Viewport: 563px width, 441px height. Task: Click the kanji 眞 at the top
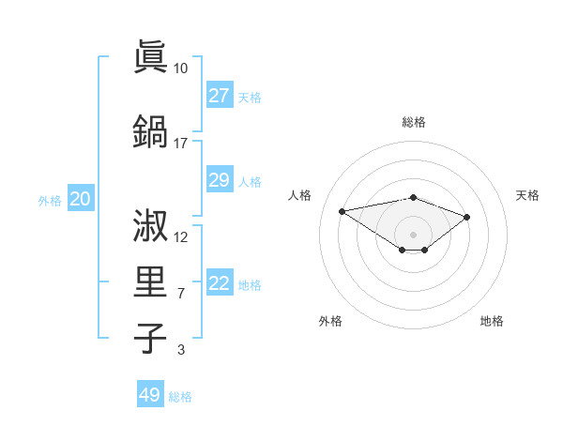tap(151, 55)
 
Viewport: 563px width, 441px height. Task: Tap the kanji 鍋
tap(151, 130)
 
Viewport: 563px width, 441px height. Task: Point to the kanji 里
tap(151, 281)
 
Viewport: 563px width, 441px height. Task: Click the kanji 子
tap(151, 337)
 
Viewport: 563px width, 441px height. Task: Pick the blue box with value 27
tap(220, 95)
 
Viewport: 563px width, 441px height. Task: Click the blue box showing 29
tap(220, 179)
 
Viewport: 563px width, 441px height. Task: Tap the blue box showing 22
tap(220, 283)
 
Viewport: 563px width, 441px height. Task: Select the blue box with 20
tap(81, 198)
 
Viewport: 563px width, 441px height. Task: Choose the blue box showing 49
tap(150, 395)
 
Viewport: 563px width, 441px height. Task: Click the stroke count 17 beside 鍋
tap(180, 143)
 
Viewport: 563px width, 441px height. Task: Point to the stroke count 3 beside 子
tap(180, 350)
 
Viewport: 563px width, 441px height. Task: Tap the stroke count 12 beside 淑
tap(181, 236)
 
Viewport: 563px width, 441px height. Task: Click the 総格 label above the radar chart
tap(413, 122)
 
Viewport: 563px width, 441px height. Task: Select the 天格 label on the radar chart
tap(527, 195)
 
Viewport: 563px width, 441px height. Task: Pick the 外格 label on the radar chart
tap(330, 321)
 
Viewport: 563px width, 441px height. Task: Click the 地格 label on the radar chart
tap(492, 321)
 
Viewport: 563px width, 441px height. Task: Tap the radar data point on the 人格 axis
tap(342, 210)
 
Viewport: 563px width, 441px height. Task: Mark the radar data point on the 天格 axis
tap(467, 217)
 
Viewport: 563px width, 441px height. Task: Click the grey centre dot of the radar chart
tap(413, 234)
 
